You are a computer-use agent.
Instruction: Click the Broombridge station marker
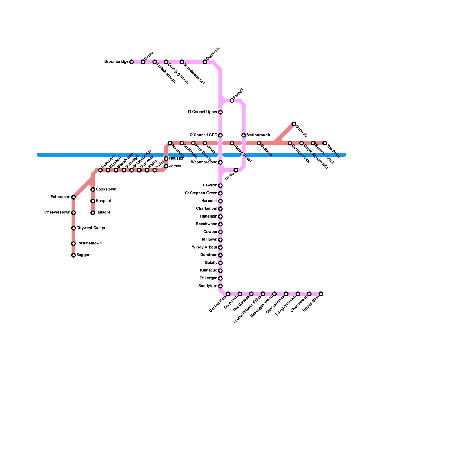click(131, 62)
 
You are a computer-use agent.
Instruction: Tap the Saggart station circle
click(73, 255)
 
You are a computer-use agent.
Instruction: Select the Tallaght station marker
click(93, 213)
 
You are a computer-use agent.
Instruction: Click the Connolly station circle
click(294, 124)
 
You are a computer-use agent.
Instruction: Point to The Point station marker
click(325, 143)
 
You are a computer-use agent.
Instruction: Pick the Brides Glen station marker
click(321, 294)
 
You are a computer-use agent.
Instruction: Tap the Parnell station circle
click(232, 101)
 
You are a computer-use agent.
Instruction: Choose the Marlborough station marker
click(244, 135)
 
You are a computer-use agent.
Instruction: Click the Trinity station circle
click(236, 170)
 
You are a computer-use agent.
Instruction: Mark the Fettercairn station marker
click(73, 197)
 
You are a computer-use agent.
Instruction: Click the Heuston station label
click(177, 158)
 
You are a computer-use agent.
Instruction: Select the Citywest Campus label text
click(92, 228)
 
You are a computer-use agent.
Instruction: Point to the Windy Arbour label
click(204, 247)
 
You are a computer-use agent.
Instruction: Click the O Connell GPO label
click(203, 135)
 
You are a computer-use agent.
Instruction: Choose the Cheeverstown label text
click(57, 213)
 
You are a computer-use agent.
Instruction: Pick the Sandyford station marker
click(220, 286)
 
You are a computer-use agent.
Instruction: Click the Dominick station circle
click(205, 62)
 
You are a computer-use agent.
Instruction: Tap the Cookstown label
click(106, 189)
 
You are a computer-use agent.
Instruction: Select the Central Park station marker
click(228, 294)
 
